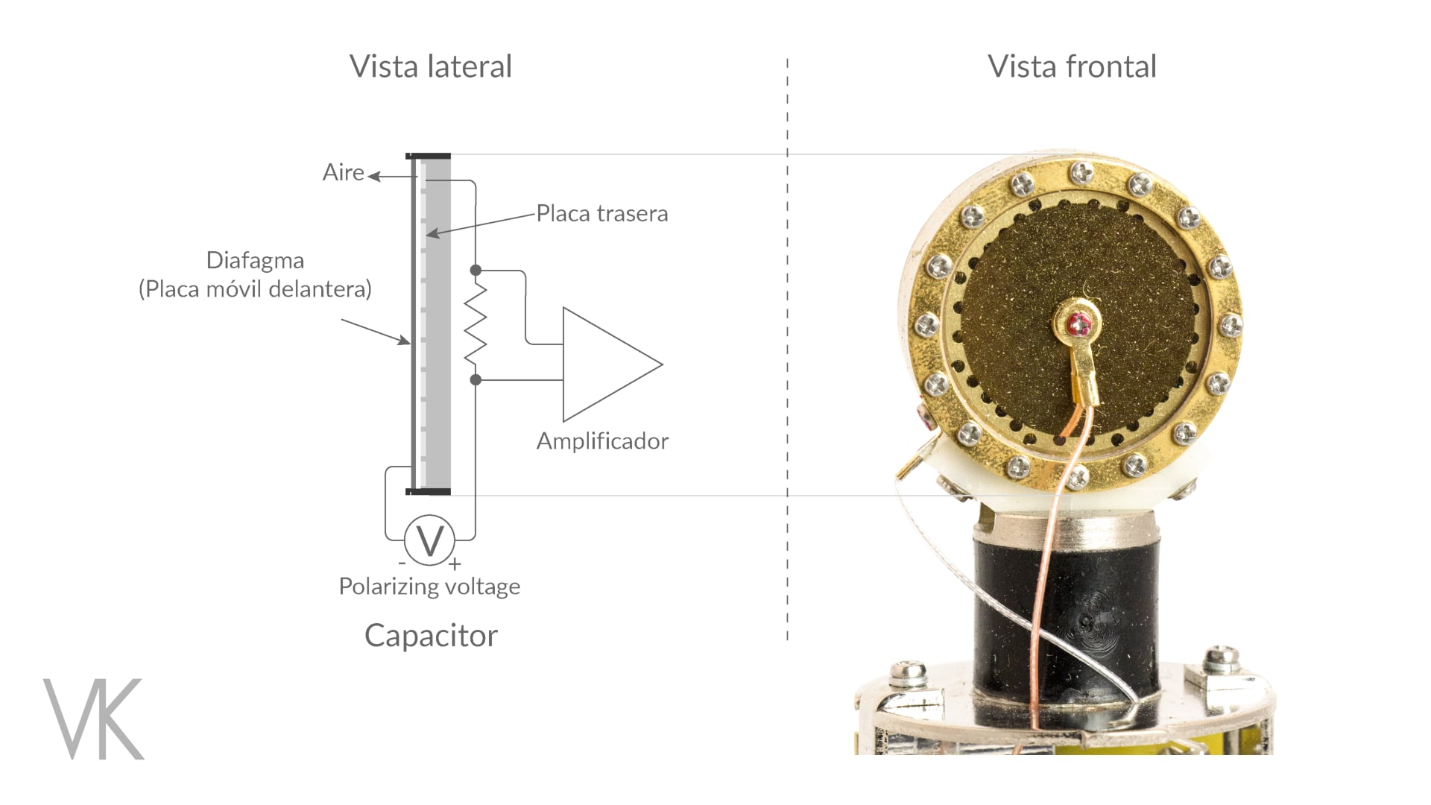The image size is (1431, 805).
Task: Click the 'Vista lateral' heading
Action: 431,66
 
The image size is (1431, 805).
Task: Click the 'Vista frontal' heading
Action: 1072,66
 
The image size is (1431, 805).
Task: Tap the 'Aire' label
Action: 343,172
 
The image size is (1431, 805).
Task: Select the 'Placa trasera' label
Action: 602,213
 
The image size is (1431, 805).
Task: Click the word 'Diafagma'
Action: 255,260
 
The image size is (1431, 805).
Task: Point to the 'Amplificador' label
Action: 602,441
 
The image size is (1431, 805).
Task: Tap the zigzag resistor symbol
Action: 476,324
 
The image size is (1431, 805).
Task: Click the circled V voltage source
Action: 430,540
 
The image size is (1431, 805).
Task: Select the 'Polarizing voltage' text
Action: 429,586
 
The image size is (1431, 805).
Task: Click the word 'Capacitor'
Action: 431,636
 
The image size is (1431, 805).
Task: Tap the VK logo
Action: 94,719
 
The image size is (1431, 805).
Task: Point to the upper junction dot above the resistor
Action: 476,270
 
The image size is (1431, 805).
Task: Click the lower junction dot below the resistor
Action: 476,380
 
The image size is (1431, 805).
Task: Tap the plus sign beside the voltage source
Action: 455,564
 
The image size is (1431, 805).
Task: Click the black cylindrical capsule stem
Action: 1066,619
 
